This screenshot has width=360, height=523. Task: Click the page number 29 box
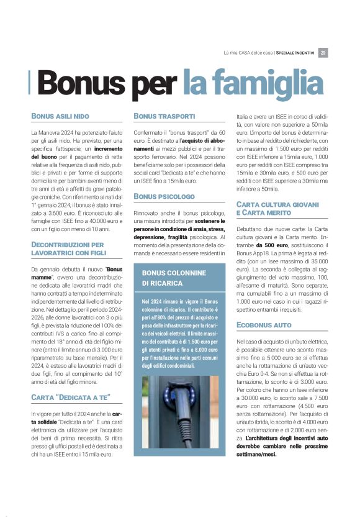[x=323, y=53]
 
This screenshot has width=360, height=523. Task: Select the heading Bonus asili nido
[x=60, y=116]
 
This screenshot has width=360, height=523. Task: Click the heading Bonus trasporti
[x=164, y=116]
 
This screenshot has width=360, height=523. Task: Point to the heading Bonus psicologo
[x=164, y=196]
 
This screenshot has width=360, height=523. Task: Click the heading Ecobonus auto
[x=264, y=325]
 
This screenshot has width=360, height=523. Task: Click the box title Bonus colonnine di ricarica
[x=163, y=278]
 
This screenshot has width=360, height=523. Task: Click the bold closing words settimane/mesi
[x=257, y=453]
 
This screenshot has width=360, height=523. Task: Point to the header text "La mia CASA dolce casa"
[x=248, y=53]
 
